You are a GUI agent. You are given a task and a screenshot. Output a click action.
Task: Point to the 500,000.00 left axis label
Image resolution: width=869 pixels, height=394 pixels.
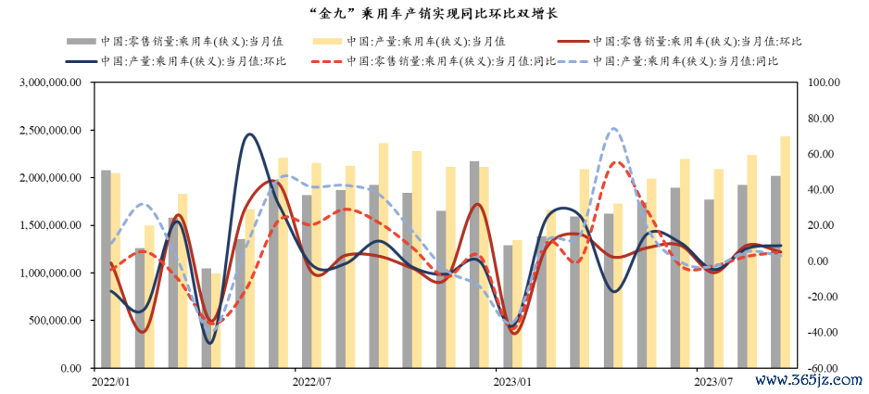point(54,321)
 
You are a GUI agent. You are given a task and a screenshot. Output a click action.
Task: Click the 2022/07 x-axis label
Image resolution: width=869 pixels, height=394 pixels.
point(311,381)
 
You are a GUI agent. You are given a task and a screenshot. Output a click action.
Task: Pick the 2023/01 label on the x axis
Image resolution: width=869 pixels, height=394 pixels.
point(512,381)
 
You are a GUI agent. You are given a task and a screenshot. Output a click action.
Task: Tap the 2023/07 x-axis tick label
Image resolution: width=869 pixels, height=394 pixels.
point(713,381)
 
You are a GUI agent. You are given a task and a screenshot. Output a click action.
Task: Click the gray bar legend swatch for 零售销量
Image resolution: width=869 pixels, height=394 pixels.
point(80,42)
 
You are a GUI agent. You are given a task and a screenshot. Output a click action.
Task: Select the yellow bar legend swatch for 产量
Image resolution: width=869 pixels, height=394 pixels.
point(328,42)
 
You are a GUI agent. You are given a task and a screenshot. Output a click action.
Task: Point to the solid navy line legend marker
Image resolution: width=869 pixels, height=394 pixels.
point(80,61)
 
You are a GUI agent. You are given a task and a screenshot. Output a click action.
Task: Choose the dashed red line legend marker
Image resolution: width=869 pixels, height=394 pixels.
point(328,61)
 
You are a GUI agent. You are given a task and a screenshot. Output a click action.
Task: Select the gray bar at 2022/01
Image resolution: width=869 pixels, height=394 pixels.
point(107,269)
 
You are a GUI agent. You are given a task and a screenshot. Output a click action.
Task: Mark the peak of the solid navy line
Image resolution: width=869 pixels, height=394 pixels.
point(249,135)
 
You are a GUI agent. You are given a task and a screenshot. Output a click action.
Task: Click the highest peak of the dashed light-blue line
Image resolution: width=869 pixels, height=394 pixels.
point(614,129)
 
